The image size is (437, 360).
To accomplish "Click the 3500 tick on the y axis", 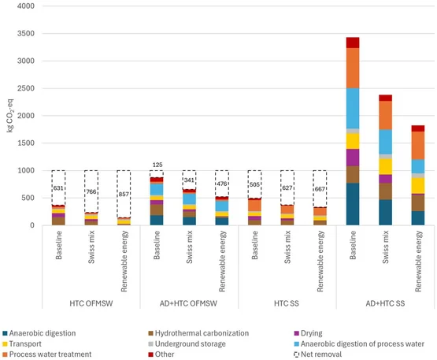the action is [x=26, y=33].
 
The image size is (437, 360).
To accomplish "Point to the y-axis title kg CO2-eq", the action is [x=10, y=116].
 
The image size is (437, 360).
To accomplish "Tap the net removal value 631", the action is [x=58, y=188].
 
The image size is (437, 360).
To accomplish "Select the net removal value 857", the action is [x=124, y=194].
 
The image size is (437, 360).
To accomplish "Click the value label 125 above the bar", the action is [x=157, y=165].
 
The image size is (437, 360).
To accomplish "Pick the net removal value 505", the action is [x=254, y=184].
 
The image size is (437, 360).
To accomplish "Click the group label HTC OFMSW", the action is [x=91, y=303].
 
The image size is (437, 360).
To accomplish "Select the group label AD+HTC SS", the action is [x=385, y=303].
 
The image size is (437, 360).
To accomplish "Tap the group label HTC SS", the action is [x=287, y=303].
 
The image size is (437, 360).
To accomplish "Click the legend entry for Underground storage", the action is [x=187, y=343].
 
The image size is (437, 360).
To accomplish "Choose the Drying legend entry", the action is [x=308, y=333].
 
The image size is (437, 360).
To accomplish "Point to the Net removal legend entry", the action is [x=318, y=354].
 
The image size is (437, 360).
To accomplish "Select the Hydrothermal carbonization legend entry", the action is [x=198, y=333].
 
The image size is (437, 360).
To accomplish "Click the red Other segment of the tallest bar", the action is [x=353, y=43].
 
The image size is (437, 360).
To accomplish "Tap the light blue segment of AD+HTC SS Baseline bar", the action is [x=353, y=109].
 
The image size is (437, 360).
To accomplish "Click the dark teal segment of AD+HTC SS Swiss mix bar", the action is [x=386, y=212].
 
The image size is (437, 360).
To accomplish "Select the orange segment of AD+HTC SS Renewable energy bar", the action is [x=418, y=146].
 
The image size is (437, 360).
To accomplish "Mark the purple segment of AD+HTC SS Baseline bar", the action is [x=353, y=158].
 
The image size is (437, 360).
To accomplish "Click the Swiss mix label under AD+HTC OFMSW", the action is [x=190, y=247].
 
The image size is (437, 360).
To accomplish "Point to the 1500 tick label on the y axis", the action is [x=26, y=143].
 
